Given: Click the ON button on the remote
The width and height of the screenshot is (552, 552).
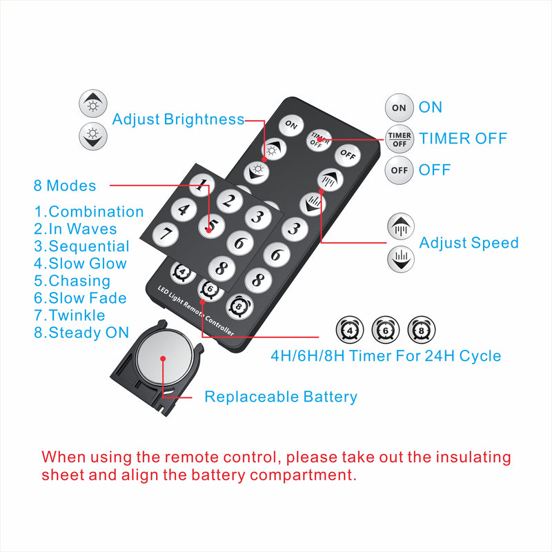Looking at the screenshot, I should click(291, 126).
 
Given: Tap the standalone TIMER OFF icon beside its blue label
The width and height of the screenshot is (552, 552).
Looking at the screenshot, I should click(400, 138).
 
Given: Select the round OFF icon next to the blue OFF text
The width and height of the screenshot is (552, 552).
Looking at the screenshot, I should click(400, 169).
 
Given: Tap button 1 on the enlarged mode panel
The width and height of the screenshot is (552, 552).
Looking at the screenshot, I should click(200, 185).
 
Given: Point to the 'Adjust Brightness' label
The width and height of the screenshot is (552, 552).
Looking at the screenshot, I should click(178, 119).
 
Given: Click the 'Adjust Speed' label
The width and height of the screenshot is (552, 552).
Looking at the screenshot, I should click(469, 243).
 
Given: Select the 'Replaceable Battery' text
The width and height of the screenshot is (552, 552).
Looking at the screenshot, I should click(281, 397).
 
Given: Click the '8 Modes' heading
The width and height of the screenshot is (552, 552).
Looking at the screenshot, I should click(65, 186).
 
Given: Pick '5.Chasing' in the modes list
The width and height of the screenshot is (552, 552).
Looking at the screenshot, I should click(72, 281).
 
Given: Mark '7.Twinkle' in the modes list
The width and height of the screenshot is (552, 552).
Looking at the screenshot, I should click(70, 315).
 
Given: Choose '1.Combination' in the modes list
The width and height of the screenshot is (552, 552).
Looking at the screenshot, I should click(88, 212).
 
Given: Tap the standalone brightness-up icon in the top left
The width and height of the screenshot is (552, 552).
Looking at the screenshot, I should click(92, 103).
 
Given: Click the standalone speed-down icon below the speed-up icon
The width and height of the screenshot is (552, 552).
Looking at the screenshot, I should click(400, 259).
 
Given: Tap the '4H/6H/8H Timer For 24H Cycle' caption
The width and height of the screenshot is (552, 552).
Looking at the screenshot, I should click(385, 356).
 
